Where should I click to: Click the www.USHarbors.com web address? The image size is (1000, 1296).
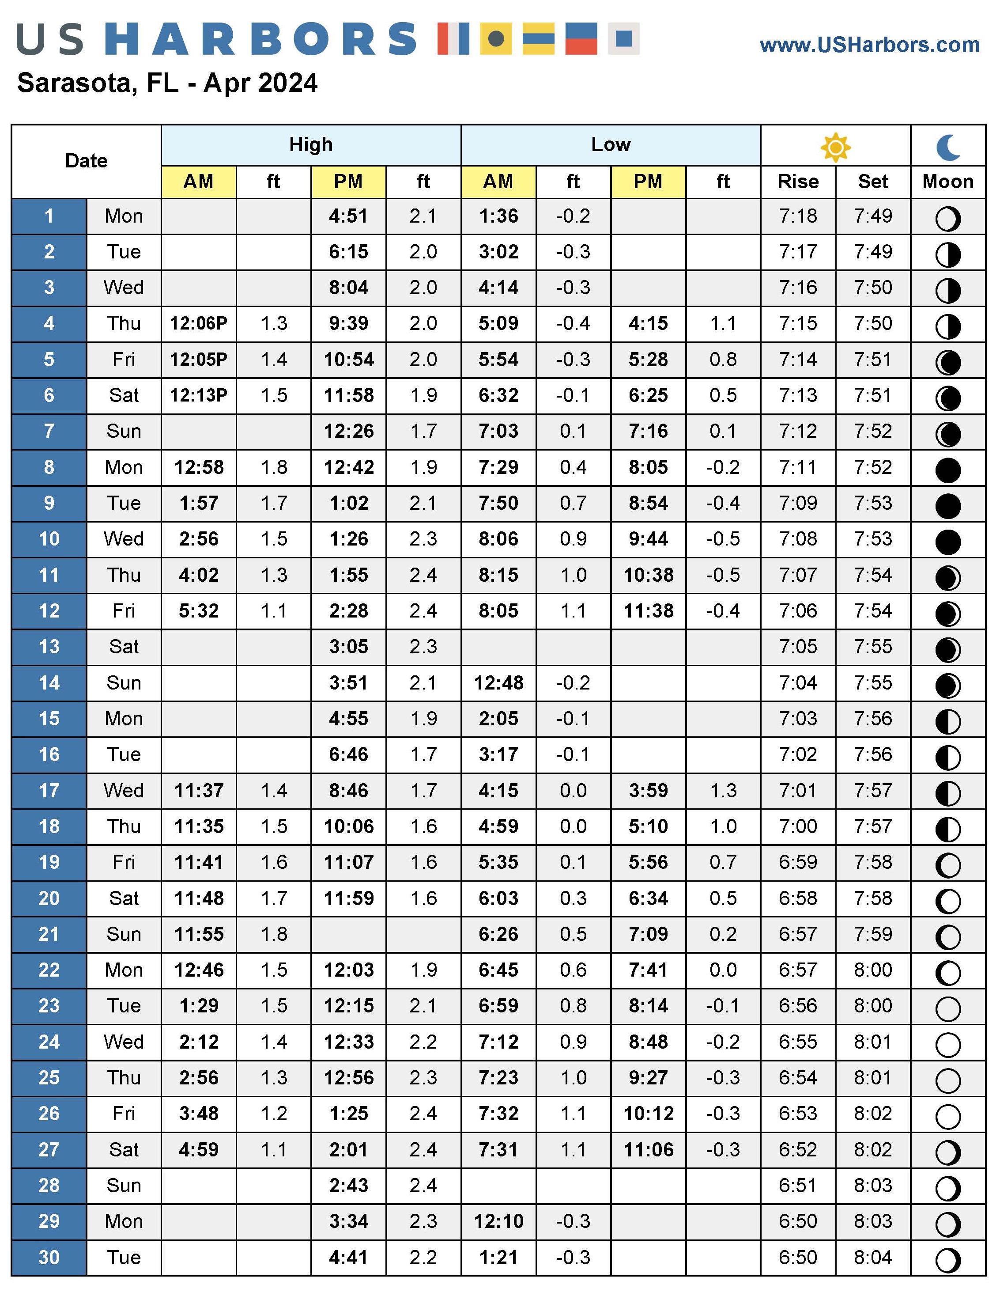pyautogui.click(x=869, y=45)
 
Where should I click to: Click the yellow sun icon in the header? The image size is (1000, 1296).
pyautogui.click(x=835, y=147)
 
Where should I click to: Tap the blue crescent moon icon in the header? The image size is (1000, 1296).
pyautogui.click(x=948, y=147)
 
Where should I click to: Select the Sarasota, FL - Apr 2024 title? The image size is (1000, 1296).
pyautogui.click(x=167, y=83)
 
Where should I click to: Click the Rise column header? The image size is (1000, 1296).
pyautogui.click(x=798, y=182)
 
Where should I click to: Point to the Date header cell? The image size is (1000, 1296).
pyautogui.click(x=86, y=161)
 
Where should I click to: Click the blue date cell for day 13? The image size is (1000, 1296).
pyautogui.click(x=49, y=647)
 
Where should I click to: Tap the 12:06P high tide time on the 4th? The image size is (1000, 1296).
pyautogui.click(x=199, y=323)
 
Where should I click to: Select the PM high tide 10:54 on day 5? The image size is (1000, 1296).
pyautogui.click(x=349, y=360)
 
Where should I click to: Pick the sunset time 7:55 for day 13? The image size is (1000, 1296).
pyautogui.click(x=872, y=647)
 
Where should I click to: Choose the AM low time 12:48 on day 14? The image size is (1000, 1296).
pyautogui.click(x=498, y=683)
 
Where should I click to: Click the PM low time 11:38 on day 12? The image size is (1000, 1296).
pyautogui.click(x=648, y=611)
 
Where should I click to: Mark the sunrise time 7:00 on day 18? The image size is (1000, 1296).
pyautogui.click(x=798, y=826)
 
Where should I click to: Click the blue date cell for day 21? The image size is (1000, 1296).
pyautogui.click(x=49, y=935)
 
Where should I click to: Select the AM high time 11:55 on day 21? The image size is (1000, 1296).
pyautogui.click(x=199, y=935)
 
